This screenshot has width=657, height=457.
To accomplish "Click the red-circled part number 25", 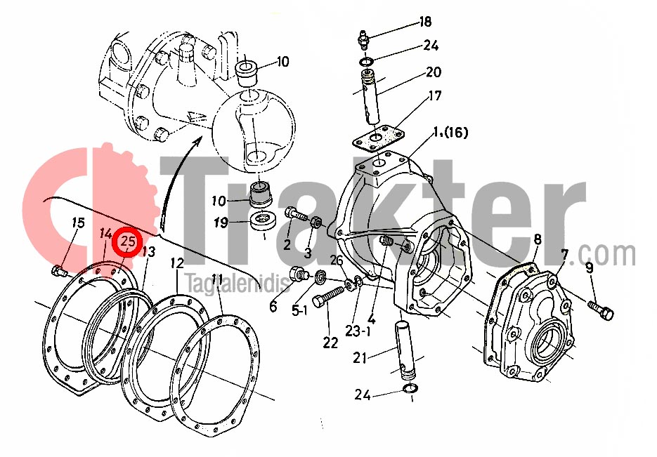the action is (128, 242).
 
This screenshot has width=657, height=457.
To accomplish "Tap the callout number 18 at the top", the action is (425, 22).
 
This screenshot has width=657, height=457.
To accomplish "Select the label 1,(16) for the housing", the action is (450, 133).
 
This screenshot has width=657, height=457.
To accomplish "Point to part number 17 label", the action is (434, 96).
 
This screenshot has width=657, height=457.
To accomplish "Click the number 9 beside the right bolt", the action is (590, 267).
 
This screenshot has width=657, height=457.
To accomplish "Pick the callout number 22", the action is (330, 343).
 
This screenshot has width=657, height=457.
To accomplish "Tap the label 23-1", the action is (358, 331).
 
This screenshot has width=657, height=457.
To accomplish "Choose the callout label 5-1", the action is (299, 310).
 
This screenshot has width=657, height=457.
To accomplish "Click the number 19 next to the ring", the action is (221, 223).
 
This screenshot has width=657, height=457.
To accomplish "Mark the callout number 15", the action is (79, 223).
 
